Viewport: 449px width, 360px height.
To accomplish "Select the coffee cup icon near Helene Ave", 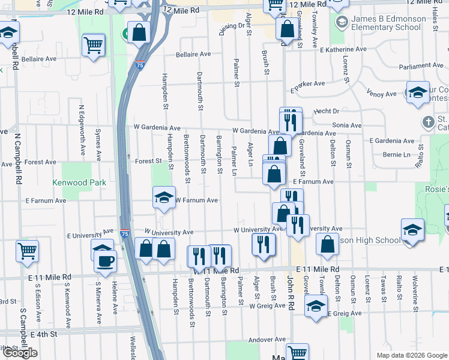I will coord(106,262).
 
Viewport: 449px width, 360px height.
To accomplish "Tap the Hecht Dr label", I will coord(327,111).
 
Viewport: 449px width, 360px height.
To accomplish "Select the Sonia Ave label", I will coord(348,125).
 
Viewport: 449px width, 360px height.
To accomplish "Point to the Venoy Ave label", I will coord(382,94).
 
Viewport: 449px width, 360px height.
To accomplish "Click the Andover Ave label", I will coord(267,339).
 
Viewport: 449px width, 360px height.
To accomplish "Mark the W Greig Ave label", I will coord(268,305).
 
